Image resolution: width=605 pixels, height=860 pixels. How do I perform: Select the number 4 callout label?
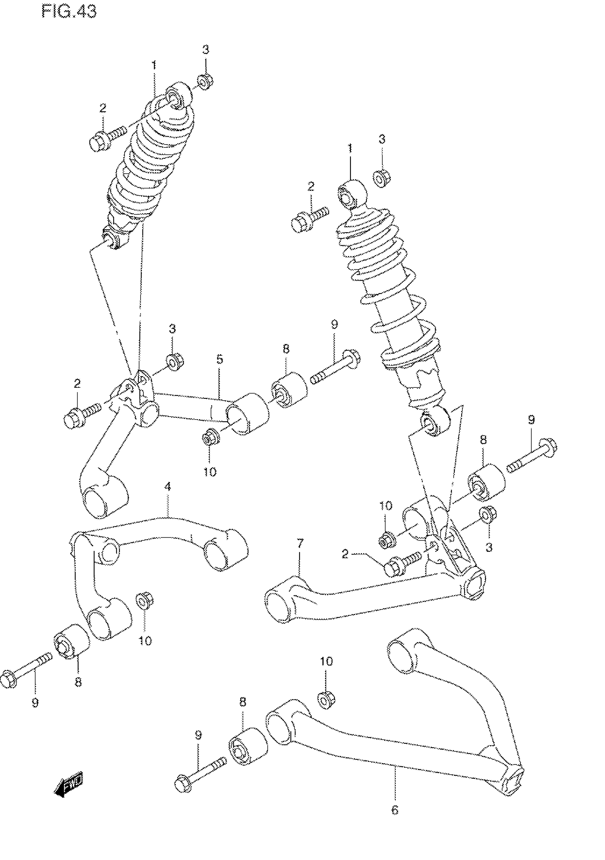click(167, 486)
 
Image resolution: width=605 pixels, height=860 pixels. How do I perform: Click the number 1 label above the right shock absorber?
click(350, 148)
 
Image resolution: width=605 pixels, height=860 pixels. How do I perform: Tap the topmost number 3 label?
click(206, 49)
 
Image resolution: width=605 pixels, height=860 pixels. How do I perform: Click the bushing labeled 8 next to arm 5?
click(288, 390)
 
